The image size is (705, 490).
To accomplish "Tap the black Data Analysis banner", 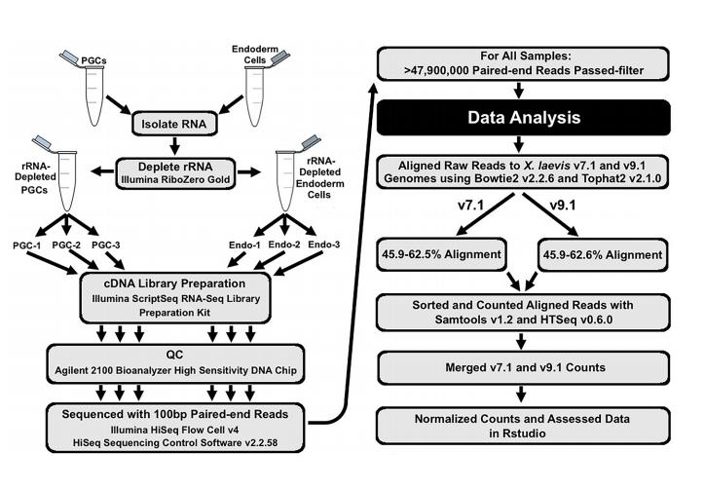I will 527,118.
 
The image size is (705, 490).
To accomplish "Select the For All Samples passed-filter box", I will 527,63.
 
